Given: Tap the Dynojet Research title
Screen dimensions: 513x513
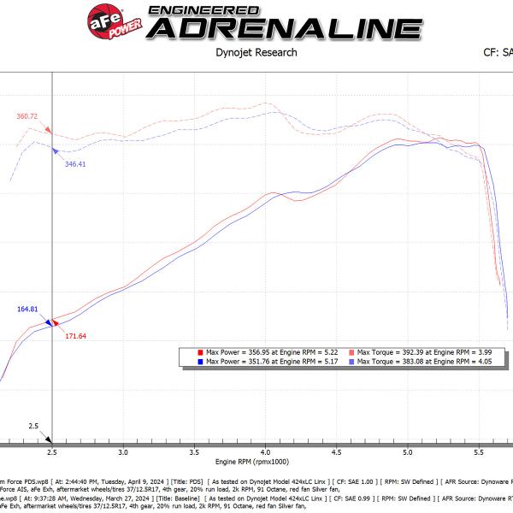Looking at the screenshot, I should click(x=256, y=52).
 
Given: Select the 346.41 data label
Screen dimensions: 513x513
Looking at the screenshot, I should click(x=75, y=163).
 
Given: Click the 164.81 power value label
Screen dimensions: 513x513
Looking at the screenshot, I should click(x=28, y=310).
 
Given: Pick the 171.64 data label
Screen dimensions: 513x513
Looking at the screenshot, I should click(x=75, y=335).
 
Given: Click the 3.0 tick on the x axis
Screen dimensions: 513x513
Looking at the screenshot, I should click(x=124, y=451).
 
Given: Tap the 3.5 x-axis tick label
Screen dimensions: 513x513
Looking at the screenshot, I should click(x=196, y=451).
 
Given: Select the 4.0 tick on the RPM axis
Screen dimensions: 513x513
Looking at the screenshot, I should click(x=267, y=451).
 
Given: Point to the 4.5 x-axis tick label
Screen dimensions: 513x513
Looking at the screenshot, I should click(x=338, y=451).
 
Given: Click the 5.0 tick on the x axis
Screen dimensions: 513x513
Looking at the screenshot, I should click(x=409, y=451).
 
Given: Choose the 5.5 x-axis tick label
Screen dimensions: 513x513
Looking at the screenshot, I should click(x=480, y=451).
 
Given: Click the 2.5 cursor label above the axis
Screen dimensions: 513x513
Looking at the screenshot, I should click(x=33, y=425).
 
